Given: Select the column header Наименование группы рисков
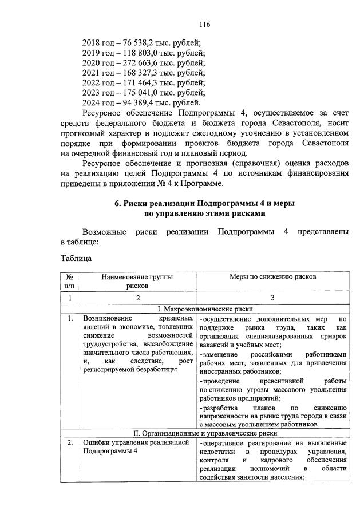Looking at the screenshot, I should click(x=137, y=282).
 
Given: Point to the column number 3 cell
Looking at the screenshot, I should click(x=272, y=298).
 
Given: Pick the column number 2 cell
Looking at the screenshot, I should click(x=137, y=298).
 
